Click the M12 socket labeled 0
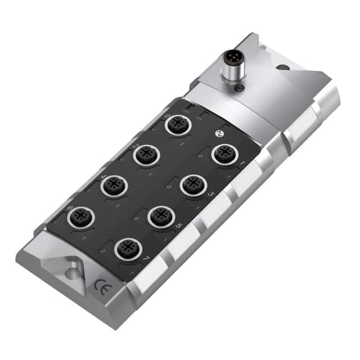coord(178,125)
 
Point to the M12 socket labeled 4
coord(115,184)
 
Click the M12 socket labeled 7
coord(128,248)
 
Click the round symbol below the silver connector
coord(238,88)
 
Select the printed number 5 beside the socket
coord(179,226)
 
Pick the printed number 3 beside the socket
coord(211,194)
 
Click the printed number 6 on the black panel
coord(70,208)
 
